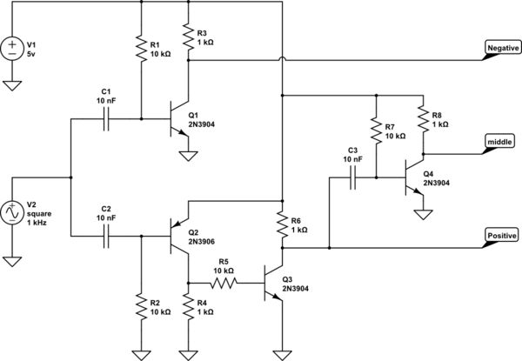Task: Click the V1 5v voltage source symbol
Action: point(13,47)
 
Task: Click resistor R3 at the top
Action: point(187,36)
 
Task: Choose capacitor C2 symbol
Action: point(106,236)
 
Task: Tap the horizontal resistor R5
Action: point(224,282)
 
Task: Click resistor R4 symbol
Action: point(187,307)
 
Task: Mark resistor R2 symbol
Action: point(140,307)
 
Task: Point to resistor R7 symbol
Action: point(375,130)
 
